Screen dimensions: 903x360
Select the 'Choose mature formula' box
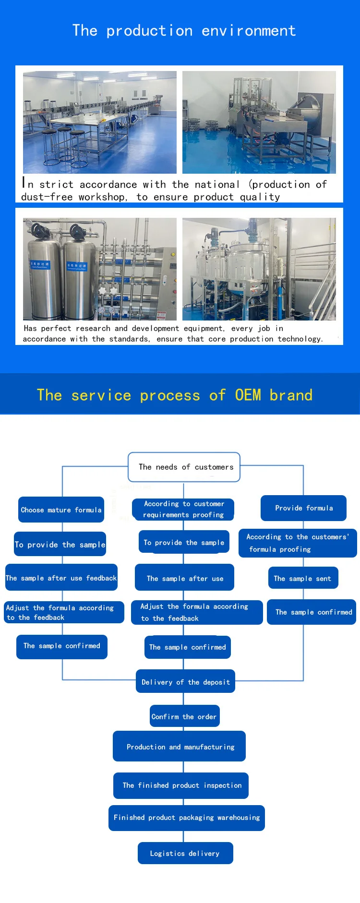pyautogui.click(x=61, y=510)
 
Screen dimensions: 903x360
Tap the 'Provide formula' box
pyautogui.click(x=303, y=508)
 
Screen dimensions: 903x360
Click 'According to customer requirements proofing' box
pyautogui.click(x=183, y=509)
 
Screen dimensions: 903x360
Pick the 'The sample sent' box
pyautogui.click(x=302, y=578)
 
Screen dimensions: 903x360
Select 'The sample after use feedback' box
pyautogui.click(x=61, y=578)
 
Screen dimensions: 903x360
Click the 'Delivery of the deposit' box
pyautogui.click(x=185, y=682)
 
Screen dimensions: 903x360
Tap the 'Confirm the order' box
pyautogui.click(x=184, y=716)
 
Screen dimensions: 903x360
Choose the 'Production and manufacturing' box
pyautogui.click(x=180, y=747)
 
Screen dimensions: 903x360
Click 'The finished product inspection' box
pyautogui.click(x=181, y=785)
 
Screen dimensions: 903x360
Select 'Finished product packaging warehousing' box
pyautogui.click(x=186, y=818)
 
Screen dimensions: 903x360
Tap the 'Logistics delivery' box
pyautogui.click(x=185, y=853)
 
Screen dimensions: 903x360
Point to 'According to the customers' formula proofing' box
pyautogui.click(x=298, y=543)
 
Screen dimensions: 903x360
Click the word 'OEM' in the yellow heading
pyautogui.click(x=248, y=395)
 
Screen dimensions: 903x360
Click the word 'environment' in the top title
pyautogui.click(x=249, y=31)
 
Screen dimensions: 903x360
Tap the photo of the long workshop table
pyautogui.click(x=100, y=122)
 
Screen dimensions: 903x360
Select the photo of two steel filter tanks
pyautogui.click(x=100, y=269)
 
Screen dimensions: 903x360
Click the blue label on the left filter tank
pyautogui.click(x=40, y=265)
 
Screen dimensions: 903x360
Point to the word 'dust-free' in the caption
pyautogui.click(x=47, y=197)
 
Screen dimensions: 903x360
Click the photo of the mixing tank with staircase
pyautogui.click(x=259, y=269)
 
